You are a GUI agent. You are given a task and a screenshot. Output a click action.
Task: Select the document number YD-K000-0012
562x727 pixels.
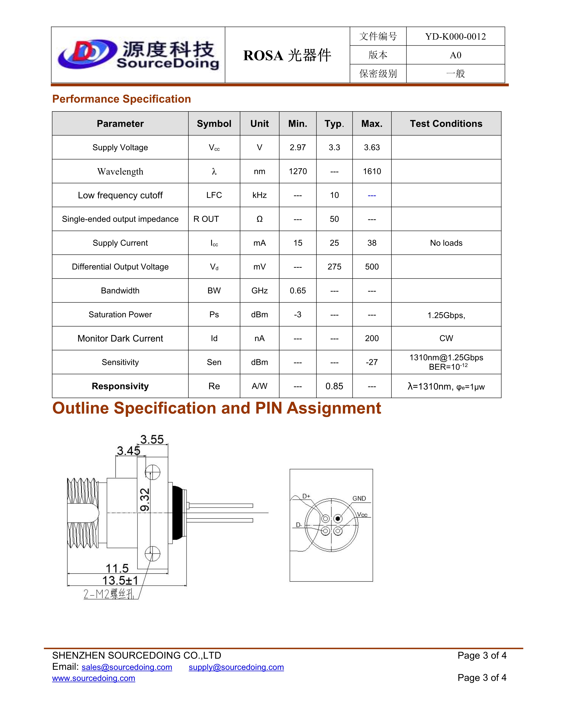455,36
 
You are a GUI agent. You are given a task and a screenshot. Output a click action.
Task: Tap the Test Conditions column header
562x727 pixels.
446,124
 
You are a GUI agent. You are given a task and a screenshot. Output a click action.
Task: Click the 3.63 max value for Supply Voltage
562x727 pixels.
372,147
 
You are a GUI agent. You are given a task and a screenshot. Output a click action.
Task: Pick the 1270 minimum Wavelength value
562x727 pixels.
298,171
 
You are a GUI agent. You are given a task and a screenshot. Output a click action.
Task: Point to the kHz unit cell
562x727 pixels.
259,195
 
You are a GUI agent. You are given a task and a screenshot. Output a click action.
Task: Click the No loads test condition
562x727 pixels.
446,243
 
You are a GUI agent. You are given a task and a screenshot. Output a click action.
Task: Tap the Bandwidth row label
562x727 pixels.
120,291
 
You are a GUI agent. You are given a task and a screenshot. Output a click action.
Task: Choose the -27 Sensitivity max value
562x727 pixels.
372,362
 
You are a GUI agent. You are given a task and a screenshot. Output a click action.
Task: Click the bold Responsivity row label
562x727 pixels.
120,386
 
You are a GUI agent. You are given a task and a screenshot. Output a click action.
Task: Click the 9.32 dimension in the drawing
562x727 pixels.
145,499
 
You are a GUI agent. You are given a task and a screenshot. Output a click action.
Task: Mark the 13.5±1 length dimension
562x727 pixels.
120,580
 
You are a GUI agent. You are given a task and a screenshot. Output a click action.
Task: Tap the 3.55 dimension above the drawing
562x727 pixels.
152,440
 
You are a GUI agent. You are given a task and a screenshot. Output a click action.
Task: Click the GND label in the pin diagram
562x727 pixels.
359,498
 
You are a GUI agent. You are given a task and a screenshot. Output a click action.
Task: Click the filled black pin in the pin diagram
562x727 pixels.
338,519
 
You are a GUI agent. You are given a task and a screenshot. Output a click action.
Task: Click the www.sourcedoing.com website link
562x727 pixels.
93,678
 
